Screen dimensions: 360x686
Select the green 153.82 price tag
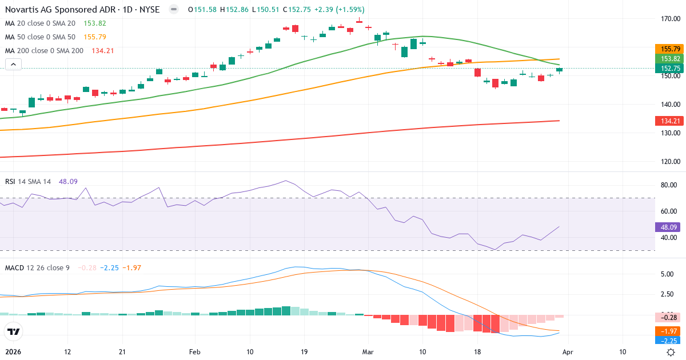click(x=669, y=59)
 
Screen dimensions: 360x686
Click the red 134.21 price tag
click(x=669, y=121)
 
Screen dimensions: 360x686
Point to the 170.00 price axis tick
click(x=669, y=19)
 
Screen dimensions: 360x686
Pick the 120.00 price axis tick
click(x=669, y=161)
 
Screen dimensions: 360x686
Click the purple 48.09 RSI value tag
click(x=669, y=227)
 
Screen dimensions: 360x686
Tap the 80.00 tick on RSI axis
click(x=669, y=185)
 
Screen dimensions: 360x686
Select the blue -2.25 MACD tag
click(x=669, y=341)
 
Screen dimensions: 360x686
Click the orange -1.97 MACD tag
click(x=669, y=331)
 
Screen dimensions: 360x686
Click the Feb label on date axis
click(x=195, y=352)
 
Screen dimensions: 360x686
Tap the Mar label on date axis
click(x=368, y=352)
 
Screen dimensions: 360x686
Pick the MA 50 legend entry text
click(x=40, y=37)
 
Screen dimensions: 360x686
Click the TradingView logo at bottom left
click(x=14, y=331)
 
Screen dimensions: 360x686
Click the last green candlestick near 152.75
click(x=559, y=70)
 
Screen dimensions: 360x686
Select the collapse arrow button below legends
click(x=13, y=64)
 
